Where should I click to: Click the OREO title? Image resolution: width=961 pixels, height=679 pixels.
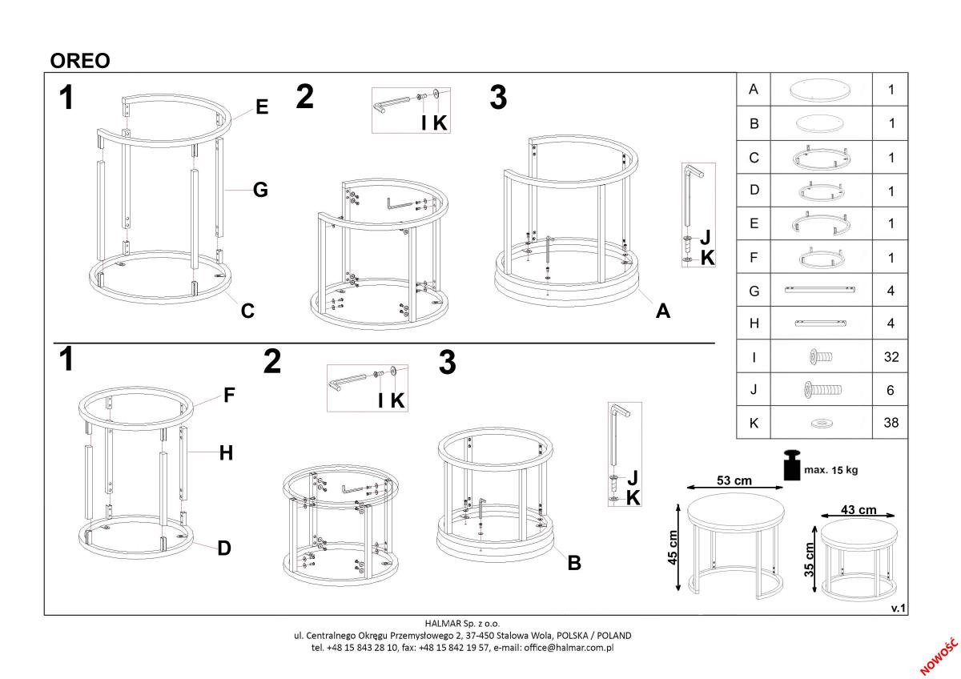tap(80, 61)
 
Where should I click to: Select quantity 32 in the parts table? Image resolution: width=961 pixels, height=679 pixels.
tap(891, 357)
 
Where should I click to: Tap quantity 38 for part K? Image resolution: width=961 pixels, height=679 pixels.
tap(891, 423)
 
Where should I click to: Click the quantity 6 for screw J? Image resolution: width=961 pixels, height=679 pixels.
tap(891, 390)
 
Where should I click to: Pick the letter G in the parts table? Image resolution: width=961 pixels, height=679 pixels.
tap(754, 291)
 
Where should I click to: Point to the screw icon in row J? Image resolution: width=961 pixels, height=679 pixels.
tap(822, 389)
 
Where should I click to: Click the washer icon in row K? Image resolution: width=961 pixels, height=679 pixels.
tap(822, 424)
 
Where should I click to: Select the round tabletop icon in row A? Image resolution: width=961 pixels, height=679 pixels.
tap(821, 90)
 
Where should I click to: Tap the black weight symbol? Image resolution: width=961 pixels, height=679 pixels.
tap(792, 465)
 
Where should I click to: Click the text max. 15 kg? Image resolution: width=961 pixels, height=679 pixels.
tap(830, 470)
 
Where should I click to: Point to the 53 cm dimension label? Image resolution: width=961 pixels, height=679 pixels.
tap(734, 480)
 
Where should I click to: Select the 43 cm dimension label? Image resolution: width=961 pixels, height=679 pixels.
tap(858, 510)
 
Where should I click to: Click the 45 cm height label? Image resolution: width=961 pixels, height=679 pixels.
tap(672, 548)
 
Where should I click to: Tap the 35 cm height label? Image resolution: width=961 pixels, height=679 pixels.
tap(809, 560)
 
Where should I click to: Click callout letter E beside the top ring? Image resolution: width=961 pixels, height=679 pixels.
tap(262, 106)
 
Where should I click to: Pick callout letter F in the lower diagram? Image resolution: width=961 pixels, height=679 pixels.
tap(229, 395)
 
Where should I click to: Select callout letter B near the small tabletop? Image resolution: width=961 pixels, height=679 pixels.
tap(574, 563)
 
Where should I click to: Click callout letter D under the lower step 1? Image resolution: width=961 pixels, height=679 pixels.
tap(224, 548)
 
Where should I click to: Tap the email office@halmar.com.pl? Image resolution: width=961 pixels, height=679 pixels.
tap(569, 648)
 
